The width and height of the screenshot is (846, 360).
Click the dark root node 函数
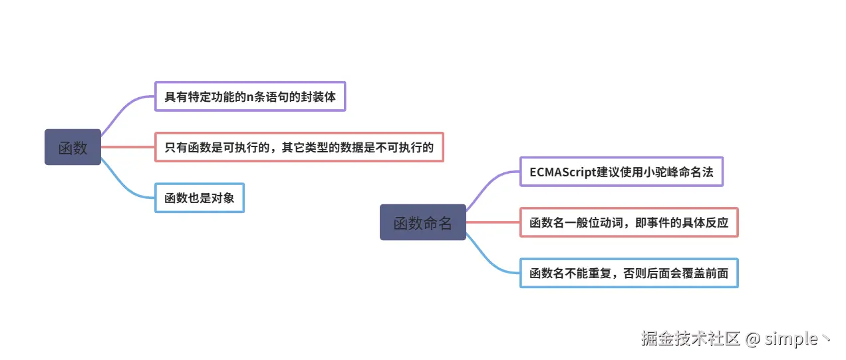[72, 147]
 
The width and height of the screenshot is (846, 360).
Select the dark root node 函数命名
[422, 222]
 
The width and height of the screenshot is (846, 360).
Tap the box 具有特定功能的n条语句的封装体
[250, 96]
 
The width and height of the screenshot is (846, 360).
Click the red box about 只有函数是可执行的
[299, 147]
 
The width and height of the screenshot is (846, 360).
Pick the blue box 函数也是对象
[200, 198]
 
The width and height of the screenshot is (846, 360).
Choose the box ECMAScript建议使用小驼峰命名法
[621, 172]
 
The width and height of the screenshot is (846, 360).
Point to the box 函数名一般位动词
[629, 222]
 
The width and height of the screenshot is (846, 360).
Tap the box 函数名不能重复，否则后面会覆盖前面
[629, 273]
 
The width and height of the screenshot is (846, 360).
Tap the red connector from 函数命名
[493, 222]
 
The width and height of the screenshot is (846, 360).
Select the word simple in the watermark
[791, 339]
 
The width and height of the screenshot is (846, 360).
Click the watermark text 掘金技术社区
[690, 339]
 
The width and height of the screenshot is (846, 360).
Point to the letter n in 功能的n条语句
[250, 97]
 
